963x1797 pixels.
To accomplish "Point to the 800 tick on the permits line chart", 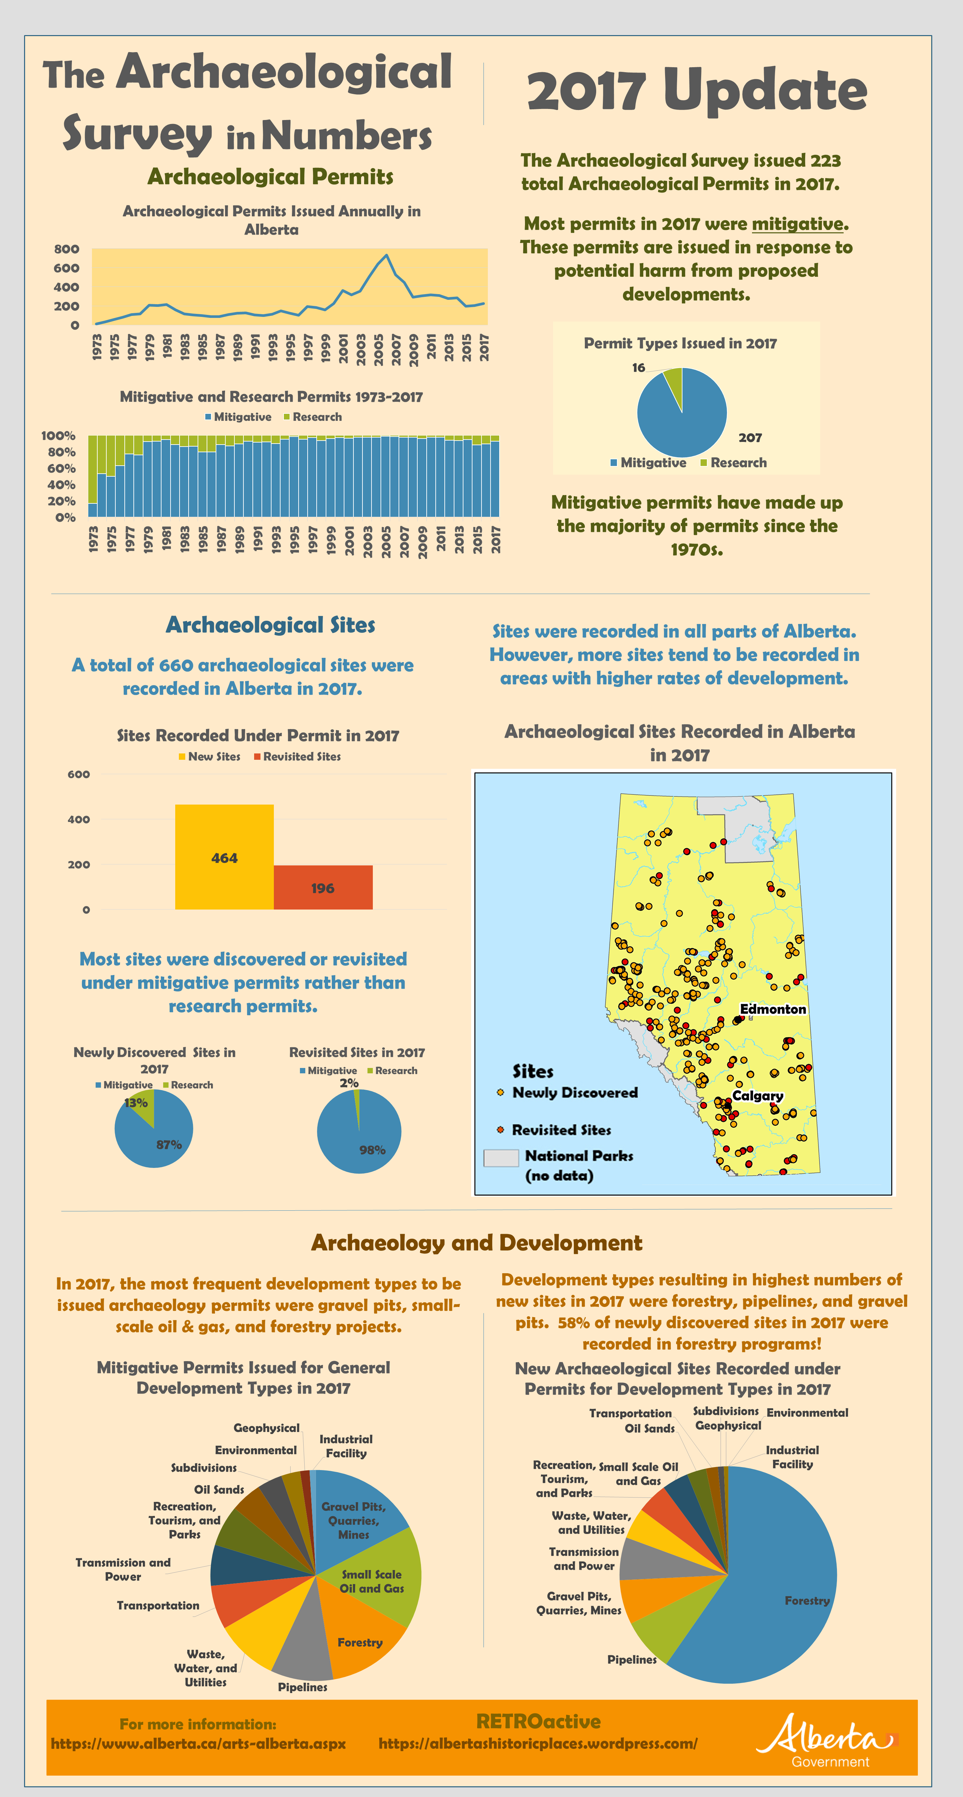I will (x=66, y=249).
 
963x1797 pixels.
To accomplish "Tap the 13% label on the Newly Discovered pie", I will (x=136, y=1103).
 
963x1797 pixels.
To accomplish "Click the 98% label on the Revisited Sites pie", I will (x=372, y=1150).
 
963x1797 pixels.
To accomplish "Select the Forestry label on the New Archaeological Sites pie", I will (x=807, y=1600).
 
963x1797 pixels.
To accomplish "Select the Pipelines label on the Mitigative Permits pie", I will (x=302, y=1687).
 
